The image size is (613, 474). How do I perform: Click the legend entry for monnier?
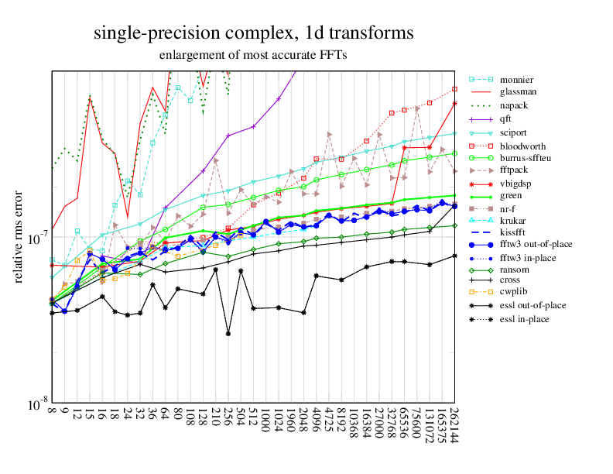[516, 80]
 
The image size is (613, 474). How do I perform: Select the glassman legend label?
[519, 93]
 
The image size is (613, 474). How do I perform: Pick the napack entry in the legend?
[515, 105]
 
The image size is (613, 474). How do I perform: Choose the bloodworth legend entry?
[522, 145]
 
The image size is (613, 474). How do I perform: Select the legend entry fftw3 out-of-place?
[533, 246]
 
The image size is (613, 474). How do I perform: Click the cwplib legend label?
[514, 292]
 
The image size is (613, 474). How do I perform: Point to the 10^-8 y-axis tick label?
[36, 404]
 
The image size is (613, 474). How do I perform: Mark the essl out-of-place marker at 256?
[228, 333]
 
